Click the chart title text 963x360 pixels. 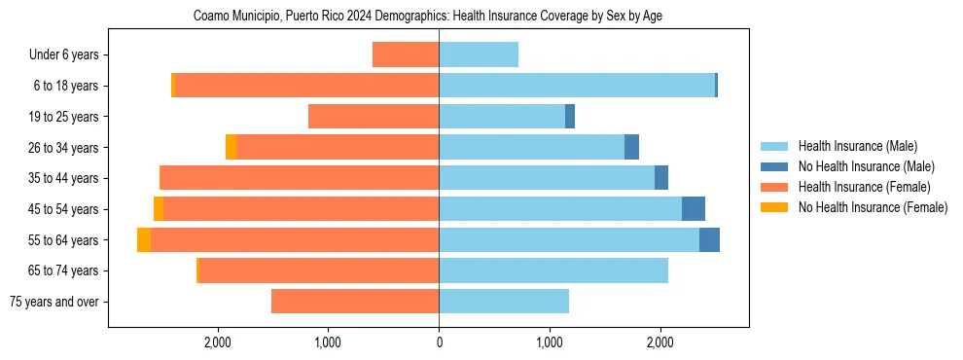tap(428, 17)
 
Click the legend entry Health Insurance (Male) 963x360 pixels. tap(856, 146)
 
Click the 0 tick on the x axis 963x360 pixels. tap(439, 342)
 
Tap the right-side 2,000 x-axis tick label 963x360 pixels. tap(660, 342)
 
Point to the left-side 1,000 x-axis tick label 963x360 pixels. tap(328, 342)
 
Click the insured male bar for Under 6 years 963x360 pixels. tap(479, 55)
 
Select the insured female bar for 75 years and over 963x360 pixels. tap(355, 302)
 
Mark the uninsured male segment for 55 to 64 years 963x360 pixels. tap(709, 240)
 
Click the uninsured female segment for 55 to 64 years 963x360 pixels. tap(144, 240)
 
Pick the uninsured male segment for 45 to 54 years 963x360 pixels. tap(694, 209)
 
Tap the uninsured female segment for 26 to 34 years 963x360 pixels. tap(231, 148)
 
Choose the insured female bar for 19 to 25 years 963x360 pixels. tap(374, 117)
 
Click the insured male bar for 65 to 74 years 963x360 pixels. tap(553, 270)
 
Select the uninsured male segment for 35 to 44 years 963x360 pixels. tap(661, 178)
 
